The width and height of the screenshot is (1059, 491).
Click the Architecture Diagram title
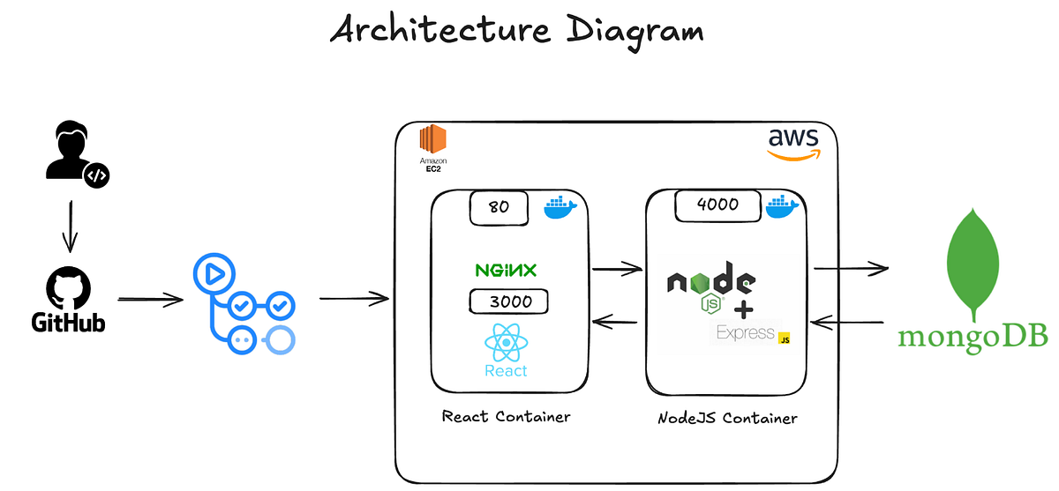[517, 31]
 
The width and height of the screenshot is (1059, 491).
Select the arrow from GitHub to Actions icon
[150, 300]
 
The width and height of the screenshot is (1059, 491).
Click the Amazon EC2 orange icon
[432, 141]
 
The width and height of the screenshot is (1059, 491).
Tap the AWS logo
[792, 143]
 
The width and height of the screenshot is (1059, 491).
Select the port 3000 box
[508, 301]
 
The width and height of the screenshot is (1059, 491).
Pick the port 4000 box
[717, 206]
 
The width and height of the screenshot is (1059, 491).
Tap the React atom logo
[506, 343]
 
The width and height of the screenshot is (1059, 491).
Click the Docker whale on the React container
[560, 208]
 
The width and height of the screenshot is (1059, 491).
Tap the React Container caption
[506, 416]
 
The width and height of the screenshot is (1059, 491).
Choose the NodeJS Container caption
[727, 418]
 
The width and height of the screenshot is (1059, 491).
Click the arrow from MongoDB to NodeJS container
[847, 324]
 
